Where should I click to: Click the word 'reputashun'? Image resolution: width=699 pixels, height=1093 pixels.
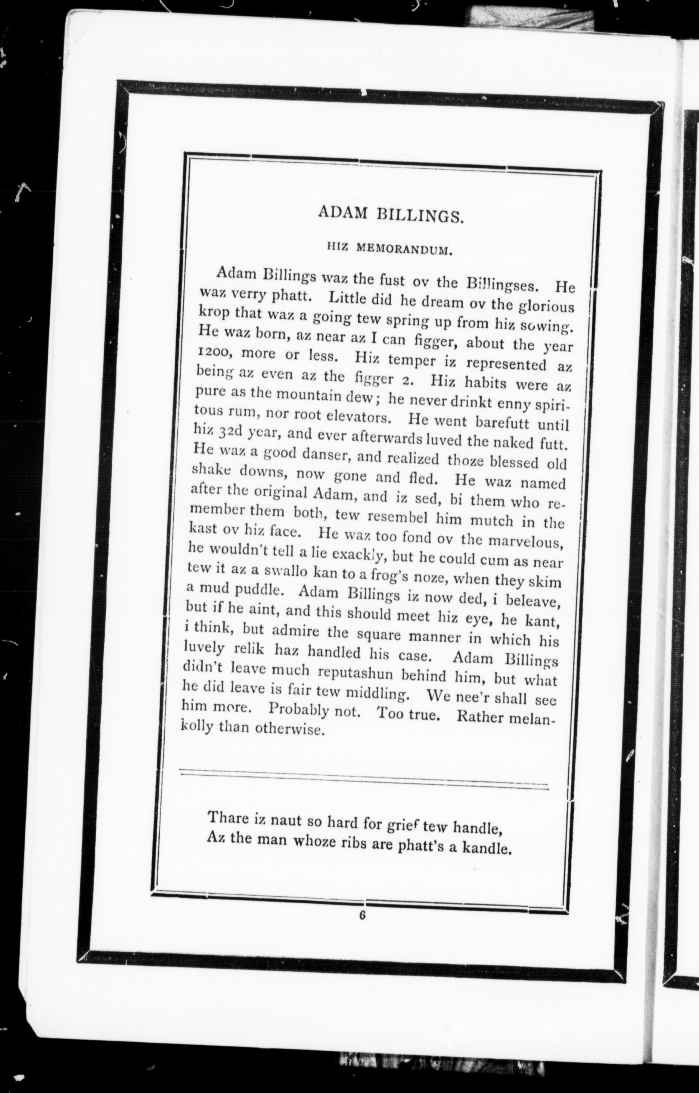coord(352,672)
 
